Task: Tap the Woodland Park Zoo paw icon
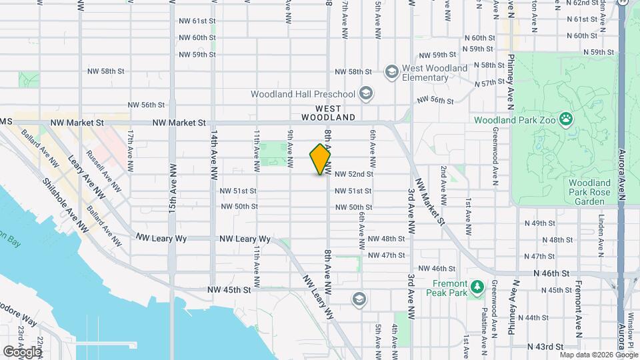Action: [566, 120]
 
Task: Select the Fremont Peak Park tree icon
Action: [476, 287]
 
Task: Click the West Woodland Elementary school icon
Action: [391, 71]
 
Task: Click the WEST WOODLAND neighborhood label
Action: [328, 113]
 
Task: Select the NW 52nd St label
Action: [353, 174]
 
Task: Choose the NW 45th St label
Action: [229, 290]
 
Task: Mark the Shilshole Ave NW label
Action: [65, 204]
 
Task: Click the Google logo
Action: [23, 351]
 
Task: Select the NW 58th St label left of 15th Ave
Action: [107, 71]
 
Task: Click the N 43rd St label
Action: [545, 347]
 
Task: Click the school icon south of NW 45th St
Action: [359, 298]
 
